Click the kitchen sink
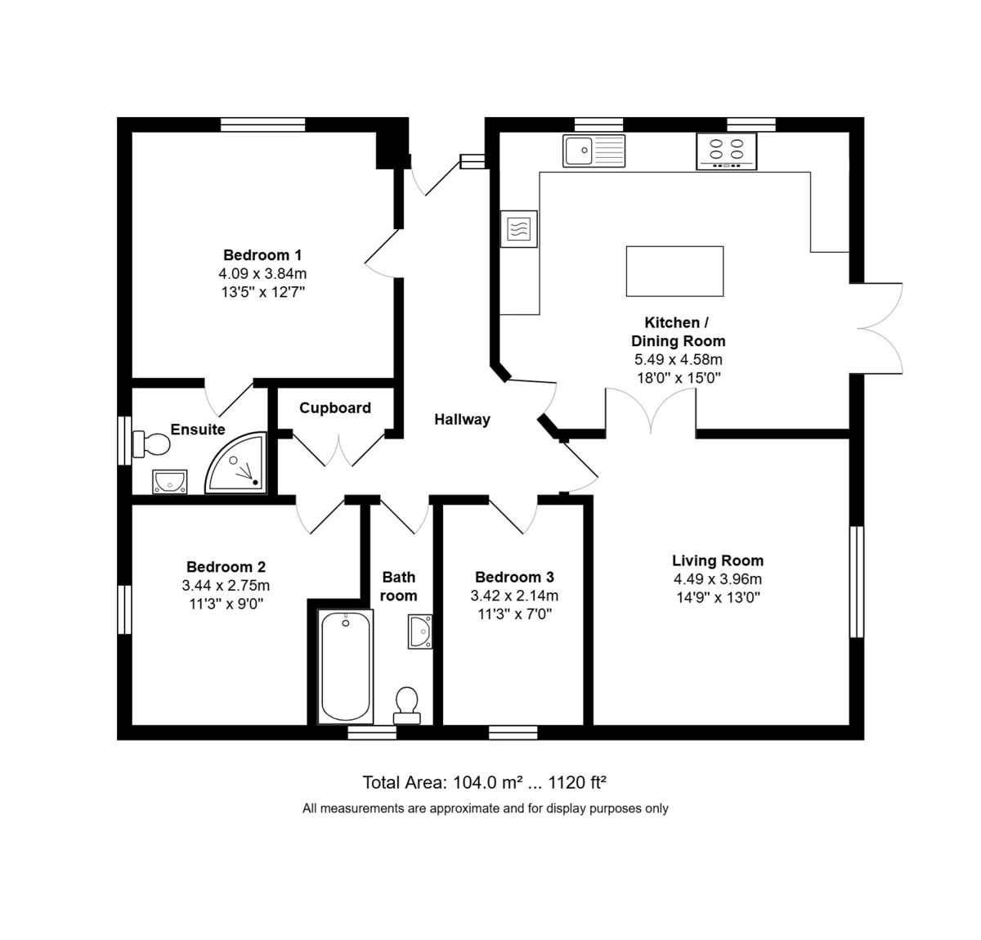tap(594, 151)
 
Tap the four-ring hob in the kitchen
tap(727, 151)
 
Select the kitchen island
tap(674, 271)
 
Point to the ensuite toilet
tap(150, 444)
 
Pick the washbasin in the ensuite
tap(169, 481)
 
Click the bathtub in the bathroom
tap(345, 666)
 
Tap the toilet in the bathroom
tap(407, 705)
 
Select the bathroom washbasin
tap(420, 632)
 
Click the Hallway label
tap(462, 420)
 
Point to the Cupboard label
tap(334, 407)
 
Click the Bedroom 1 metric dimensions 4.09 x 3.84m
tap(262, 273)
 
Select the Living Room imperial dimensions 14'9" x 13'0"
tap(718, 597)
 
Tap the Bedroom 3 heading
tap(514, 577)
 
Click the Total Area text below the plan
tap(484, 783)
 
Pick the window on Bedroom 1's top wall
tap(263, 124)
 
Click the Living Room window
tap(857, 582)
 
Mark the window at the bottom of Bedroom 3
tap(513, 733)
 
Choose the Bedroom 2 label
tap(226, 567)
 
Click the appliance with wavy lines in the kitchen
tap(519, 228)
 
